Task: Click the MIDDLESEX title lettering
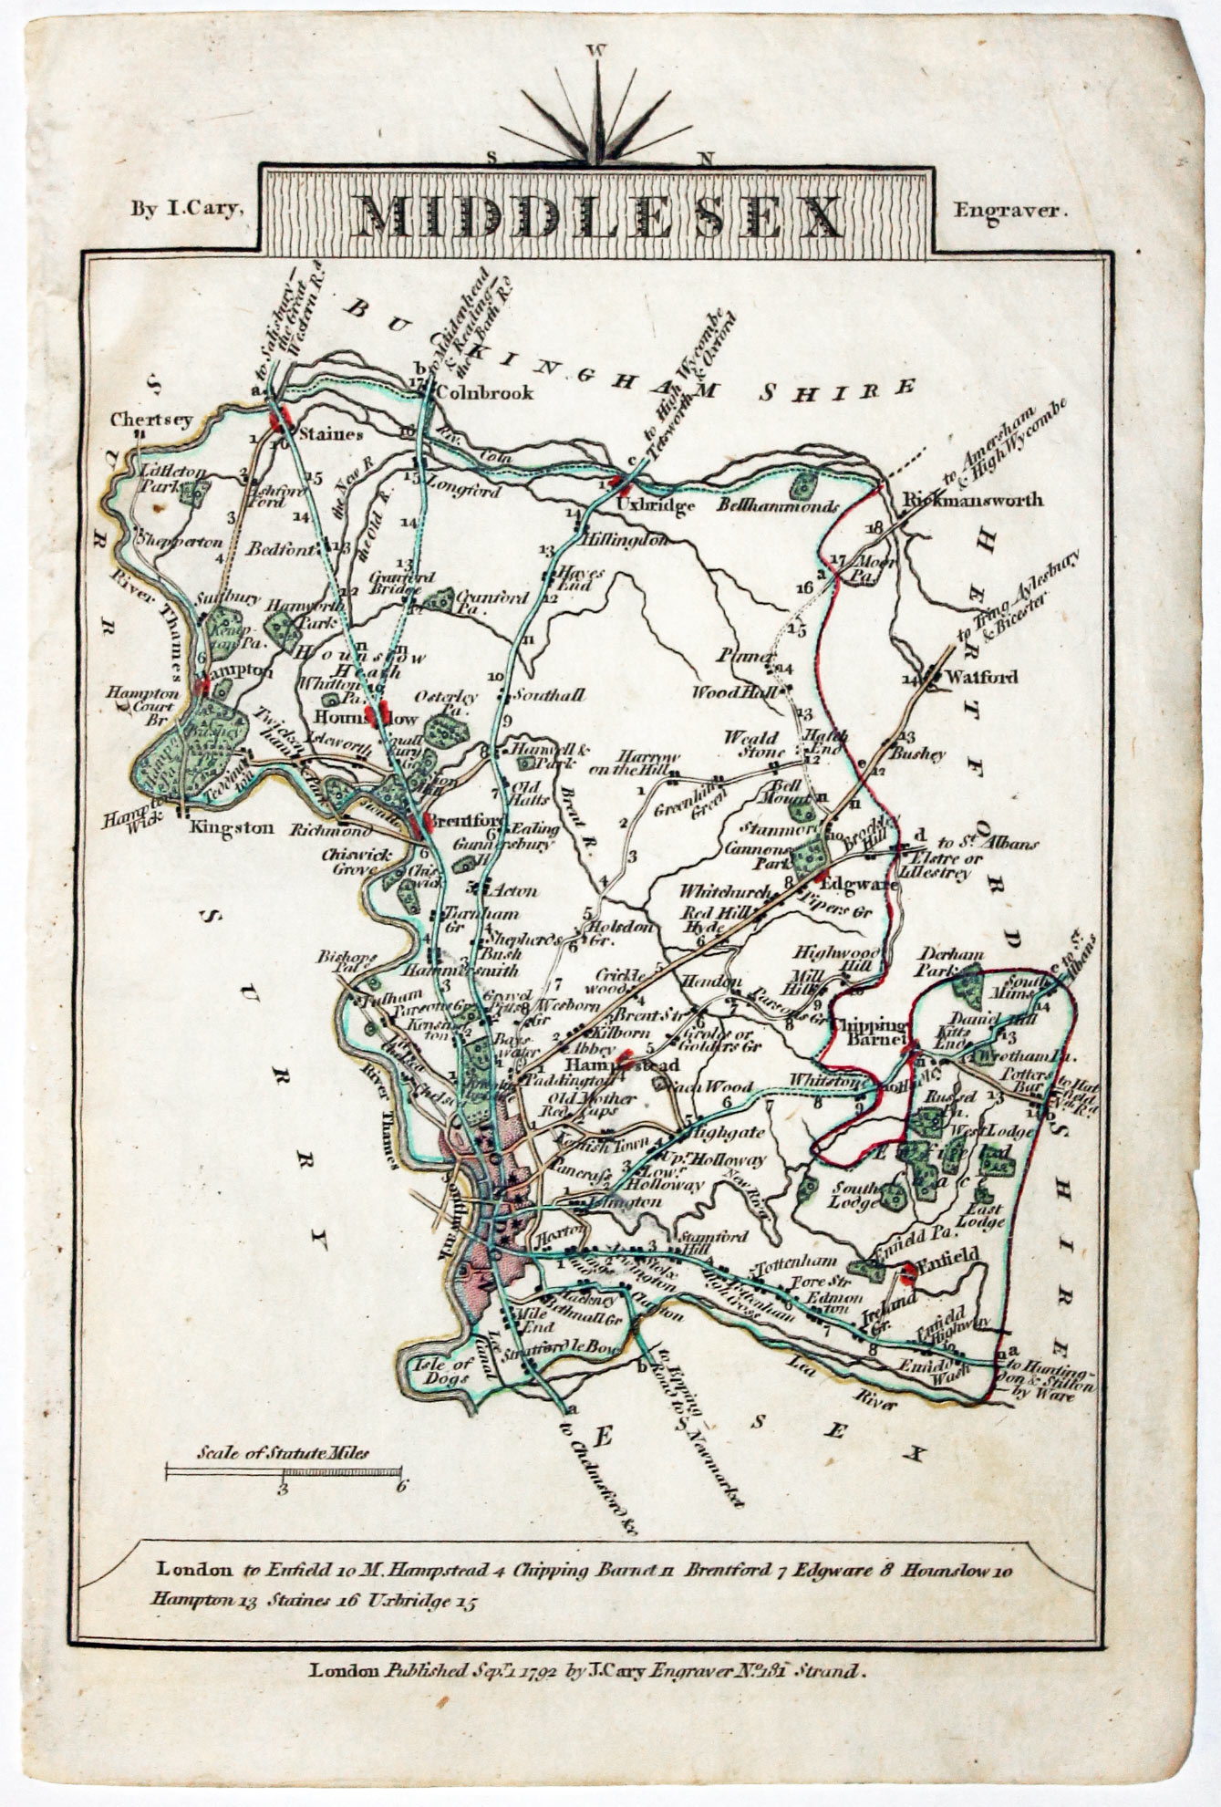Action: click(x=600, y=215)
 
